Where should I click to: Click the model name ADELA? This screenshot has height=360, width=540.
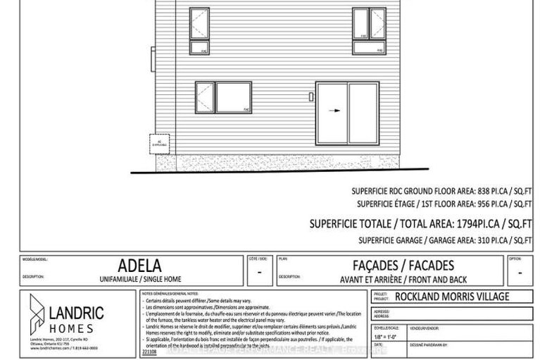coord(144,266)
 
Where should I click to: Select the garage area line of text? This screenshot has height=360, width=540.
coord(442,241)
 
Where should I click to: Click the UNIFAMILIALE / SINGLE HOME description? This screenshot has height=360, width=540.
coord(145,280)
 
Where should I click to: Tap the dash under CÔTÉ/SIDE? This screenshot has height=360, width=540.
coord(260,272)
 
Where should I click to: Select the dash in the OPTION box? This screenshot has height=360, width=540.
coord(519,272)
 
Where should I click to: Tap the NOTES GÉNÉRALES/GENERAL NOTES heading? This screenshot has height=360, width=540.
coord(170,292)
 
